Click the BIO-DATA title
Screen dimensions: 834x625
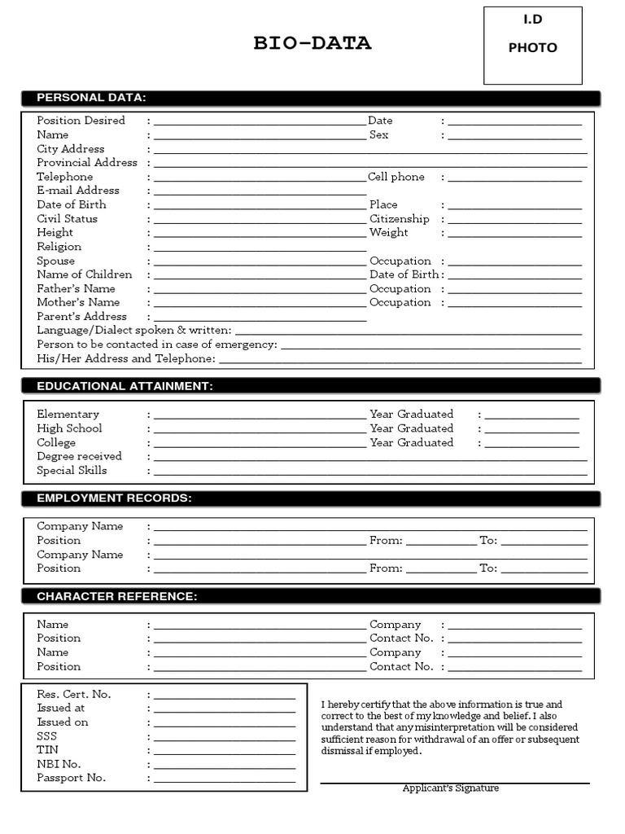tap(312, 44)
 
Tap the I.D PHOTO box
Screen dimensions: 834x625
tap(532, 46)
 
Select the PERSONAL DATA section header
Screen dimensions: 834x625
tap(91, 98)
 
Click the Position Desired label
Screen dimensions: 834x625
tap(81, 121)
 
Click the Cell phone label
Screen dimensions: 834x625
tap(396, 177)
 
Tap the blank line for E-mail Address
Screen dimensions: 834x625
tap(260, 192)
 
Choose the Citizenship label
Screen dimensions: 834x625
tap(399, 219)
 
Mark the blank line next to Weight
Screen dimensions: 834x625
tap(514, 235)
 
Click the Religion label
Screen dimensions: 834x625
tap(59, 247)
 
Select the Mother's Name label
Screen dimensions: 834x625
tap(78, 302)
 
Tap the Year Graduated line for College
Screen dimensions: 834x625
tap(531, 445)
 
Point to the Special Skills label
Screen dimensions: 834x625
tap(72, 471)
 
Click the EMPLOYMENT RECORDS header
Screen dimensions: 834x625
tap(114, 498)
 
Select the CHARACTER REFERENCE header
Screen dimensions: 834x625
tap(116, 596)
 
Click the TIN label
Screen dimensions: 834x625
tap(47, 750)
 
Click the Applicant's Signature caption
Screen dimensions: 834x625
tap(450, 788)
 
